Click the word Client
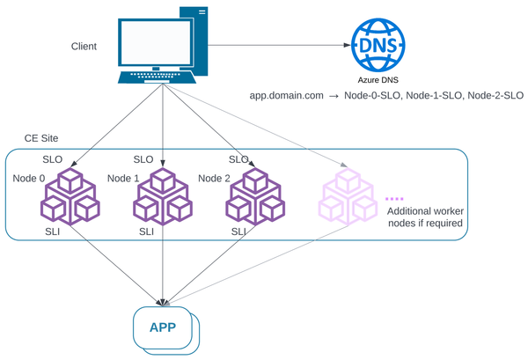coord(84,46)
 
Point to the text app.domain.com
coord(286,95)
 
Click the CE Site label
coord(42,140)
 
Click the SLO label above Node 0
coord(53,160)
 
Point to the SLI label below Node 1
coord(146,231)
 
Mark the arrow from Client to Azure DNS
coord(273,45)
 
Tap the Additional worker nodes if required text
coord(426,217)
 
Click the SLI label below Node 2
coord(238,231)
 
